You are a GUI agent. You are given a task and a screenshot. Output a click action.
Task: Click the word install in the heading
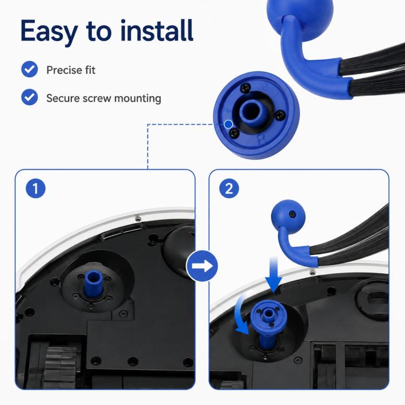(x=157, y=30)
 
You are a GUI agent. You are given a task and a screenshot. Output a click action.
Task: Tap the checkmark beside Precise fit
(x=30, y=69)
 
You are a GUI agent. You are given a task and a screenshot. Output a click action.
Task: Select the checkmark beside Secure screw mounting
(x=30, y=97)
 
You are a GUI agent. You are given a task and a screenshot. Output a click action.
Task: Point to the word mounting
(x=138, y=99)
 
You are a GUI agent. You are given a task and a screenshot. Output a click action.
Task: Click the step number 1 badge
(x=36, y=188)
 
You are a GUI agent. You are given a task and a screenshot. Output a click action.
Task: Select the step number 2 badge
(x=229, y=188)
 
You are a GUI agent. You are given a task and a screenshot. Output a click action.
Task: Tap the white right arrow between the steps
(x=202, y=266)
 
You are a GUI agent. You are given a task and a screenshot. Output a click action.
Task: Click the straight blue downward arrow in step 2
(x=274, y=274)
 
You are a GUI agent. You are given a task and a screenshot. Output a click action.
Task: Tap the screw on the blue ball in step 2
(x=292, y=214)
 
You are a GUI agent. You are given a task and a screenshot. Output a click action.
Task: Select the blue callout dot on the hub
(x=228, y=125)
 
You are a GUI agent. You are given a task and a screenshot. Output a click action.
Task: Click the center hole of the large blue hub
(x=251, y=112)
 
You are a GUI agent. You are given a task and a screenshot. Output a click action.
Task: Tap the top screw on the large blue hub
(x=246, y=89)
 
